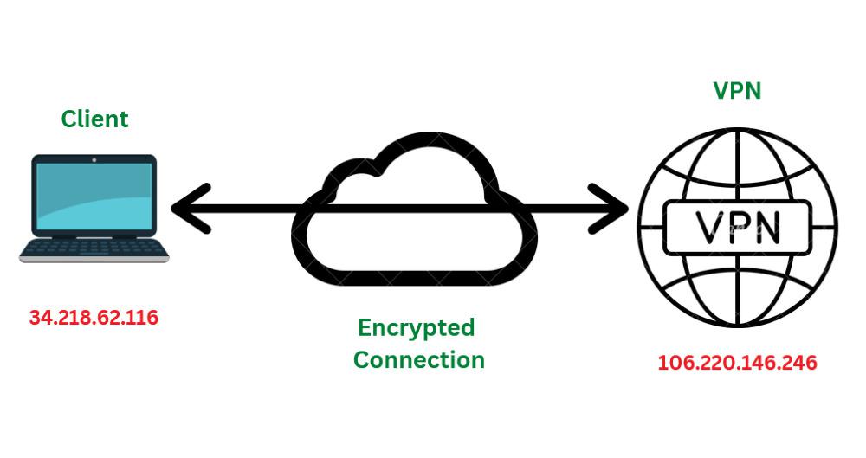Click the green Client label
[x=94, y=119]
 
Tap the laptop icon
[x=94, y=208]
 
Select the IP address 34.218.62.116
[x=94, y=318]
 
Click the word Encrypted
[x=417, y=328]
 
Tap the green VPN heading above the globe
[x=737, y=91]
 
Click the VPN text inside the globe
[x=738, y=228]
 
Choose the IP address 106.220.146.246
[x=737, y=363]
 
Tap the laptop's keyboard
[x=94, y=248]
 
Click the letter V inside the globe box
[x=700, y=228]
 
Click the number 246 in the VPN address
[x=798, y=363]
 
